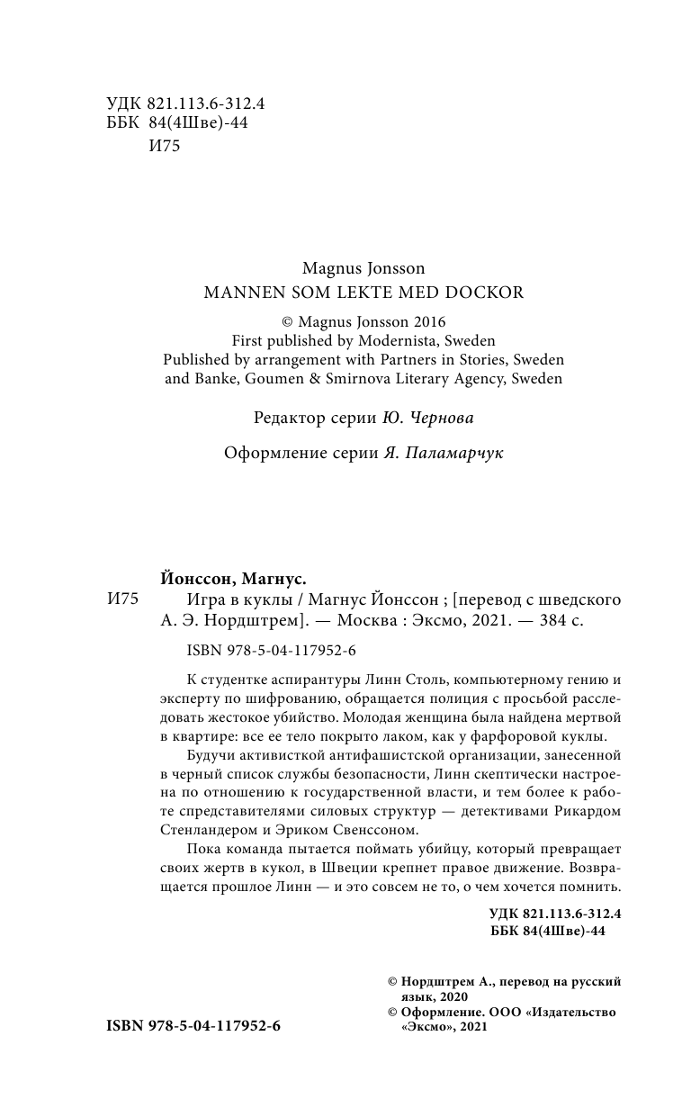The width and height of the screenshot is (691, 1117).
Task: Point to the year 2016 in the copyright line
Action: pyautogui.click(x=428, y=320)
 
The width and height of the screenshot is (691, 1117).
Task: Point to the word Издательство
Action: pyautogui.click(x=575, y=1013)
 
